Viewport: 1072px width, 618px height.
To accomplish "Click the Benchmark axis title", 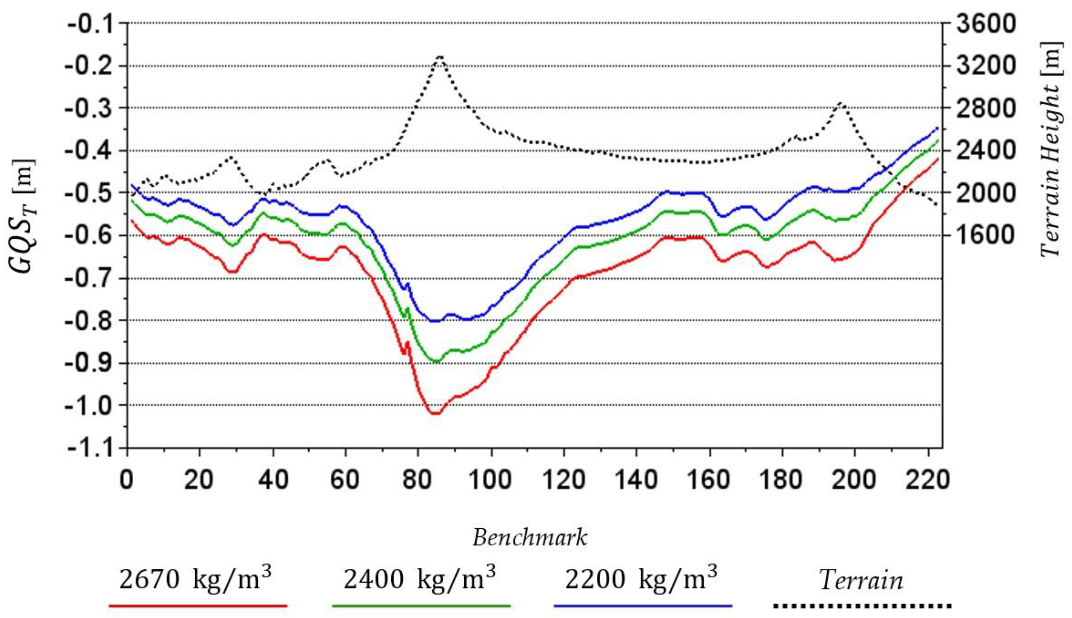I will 530,538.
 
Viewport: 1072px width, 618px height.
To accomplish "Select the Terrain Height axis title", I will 1051,149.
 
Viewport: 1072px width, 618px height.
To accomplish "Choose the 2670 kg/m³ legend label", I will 195,579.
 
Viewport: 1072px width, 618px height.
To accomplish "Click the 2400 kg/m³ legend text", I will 419,579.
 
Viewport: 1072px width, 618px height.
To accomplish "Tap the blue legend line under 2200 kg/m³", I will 643,606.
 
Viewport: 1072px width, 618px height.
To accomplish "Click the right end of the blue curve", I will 937,128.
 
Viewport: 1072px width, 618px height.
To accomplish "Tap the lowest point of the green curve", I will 437,361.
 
